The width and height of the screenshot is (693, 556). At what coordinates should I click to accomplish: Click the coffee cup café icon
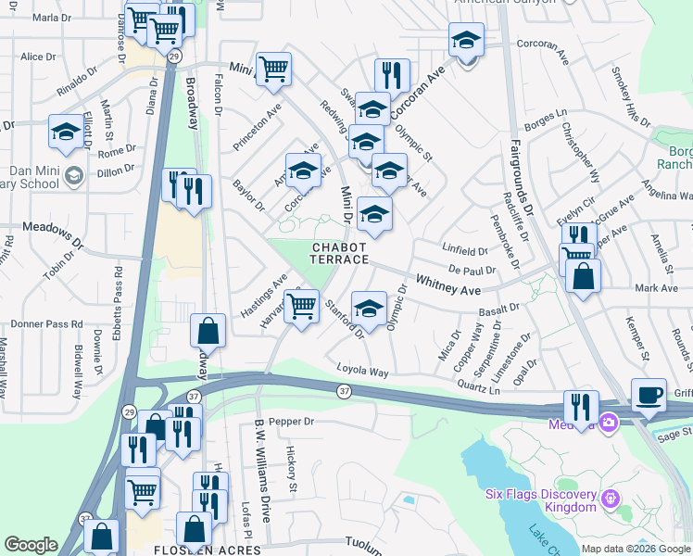click(x=649, y=396)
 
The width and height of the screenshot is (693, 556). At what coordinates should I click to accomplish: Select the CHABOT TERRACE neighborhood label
click(x=340, y=254)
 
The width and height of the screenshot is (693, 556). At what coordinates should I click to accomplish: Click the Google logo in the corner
click(x=31, y=545)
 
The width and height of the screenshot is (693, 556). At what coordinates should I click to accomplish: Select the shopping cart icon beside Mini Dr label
click(x=273, y=69)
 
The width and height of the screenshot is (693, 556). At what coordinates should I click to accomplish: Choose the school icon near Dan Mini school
click(x=66, y=134)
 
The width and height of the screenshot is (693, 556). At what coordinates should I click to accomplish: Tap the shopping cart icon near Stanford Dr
click(x=301, y=307)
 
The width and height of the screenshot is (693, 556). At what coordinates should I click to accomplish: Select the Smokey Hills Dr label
click(x=631, y=97)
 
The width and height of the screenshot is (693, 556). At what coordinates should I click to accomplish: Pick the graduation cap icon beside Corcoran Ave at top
click(x=466, y=41)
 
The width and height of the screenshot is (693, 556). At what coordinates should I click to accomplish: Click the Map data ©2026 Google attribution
click(x=636, y=549)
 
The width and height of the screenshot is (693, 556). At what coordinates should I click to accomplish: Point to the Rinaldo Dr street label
click(x=77, y=84)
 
